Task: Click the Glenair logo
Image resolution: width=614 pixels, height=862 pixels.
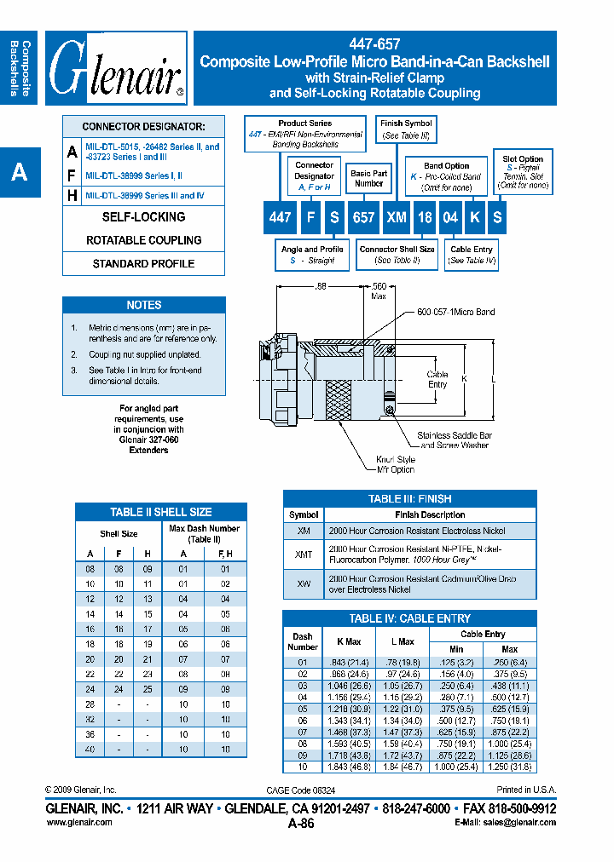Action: pyautogui.click(x=116, y=67)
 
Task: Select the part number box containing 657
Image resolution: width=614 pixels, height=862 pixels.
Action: pyautogui.click(x=364, y=217)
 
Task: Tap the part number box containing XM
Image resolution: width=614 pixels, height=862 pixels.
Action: pyautogui.click(x=396, y=217)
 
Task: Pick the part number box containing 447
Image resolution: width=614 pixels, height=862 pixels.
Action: pyautogui.click(x=280, y=217)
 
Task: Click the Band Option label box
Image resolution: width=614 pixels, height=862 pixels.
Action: pyautogui.click(x=447, y=171)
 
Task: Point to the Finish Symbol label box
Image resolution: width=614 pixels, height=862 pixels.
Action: pyautogui.click(x=406, y=129)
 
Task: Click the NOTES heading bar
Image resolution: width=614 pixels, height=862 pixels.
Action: pyautogui.click(x=143, y=305)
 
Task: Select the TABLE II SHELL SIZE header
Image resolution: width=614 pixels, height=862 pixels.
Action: pyautogui.click(x=160, y=512)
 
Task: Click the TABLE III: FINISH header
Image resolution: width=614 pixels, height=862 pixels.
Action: pyautogui.click(x=409, y=498)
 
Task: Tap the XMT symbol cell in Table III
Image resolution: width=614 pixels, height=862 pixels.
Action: pyautogui.click(x=304, y=555)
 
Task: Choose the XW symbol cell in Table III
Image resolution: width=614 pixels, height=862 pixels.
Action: pyautogui.click(x=304, y=583)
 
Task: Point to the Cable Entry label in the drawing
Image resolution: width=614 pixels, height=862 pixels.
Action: pyautogui.click(x=437, y=380)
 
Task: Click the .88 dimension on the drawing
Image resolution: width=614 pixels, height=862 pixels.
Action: pyautogui.click(x=321, y=288)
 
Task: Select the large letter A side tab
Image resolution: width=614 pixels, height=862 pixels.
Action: pyautogui.click(x=20, y=173)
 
